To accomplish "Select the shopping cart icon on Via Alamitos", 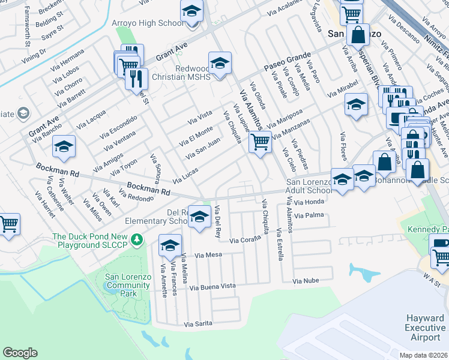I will point(259,142).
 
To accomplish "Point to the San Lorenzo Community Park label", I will point(120,285).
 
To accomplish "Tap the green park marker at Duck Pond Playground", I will point(137,240).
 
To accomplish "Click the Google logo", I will point(20,353).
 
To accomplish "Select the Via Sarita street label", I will point(199,323).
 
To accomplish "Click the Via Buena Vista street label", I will point(212,287).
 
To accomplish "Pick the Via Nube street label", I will point(304,281).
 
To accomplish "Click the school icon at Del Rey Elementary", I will point(199,217).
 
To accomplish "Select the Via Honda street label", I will point(309,202).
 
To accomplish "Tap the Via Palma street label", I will point(310,214).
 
